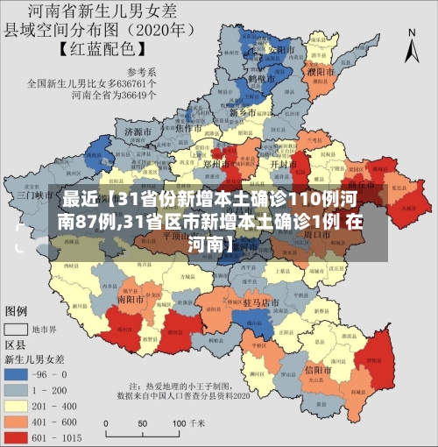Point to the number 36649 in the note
140,95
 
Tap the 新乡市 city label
241,113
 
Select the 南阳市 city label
133,299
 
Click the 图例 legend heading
17,311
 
